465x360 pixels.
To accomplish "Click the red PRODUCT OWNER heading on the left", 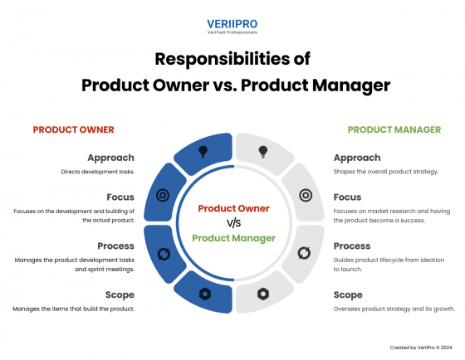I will tap(73, 130).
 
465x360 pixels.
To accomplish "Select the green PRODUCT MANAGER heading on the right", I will tap(394, 130).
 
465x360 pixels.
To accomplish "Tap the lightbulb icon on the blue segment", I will tap(203, 152).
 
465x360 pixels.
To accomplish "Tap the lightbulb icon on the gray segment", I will tap(263, 152).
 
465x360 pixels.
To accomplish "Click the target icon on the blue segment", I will tap(162, 196).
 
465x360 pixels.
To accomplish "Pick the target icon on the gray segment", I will tap(305, 196).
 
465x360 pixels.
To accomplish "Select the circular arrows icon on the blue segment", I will tap(162, 253).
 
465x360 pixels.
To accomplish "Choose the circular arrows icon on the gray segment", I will tap(305, 253).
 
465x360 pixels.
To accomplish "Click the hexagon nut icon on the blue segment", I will tap(203, 294).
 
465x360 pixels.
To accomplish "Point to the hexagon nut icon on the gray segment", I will tap(263, 294).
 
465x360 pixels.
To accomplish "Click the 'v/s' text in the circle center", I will tap(233, 222).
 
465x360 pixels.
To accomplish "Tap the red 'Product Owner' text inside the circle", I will tap(233, 208).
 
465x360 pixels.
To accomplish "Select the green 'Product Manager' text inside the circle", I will tap(233, 238).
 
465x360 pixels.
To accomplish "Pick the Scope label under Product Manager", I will tap(347, 294).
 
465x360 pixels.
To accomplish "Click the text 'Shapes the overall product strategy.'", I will tap(385, 173).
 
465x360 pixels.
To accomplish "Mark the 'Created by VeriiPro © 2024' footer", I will tap(422, 348).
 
